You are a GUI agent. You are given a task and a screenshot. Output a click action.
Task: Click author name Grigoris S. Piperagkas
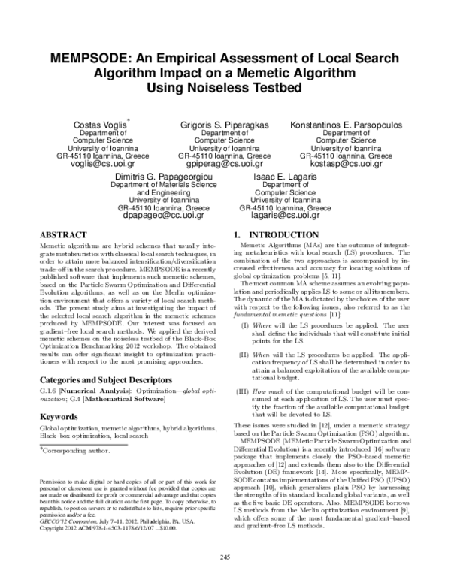click(x=225, y=122)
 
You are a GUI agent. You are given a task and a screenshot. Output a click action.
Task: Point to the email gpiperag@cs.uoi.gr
click(x=225, y=162)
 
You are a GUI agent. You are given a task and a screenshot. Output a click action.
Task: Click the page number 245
click(x=225, y=555)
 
